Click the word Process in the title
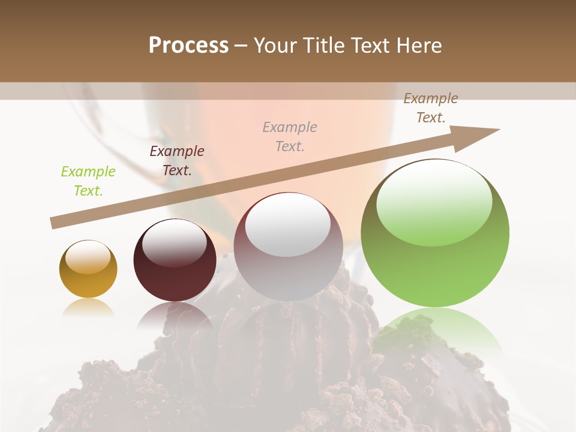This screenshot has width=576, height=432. (x=188, y=46)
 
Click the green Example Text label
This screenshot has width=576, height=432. (x=88, y=181)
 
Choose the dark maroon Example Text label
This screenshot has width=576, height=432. (x=177, y=161)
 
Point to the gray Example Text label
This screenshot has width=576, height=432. (x=290, y=137)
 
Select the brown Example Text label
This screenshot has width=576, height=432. (x=431, y=108)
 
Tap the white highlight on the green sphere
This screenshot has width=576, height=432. (x=434, y=203)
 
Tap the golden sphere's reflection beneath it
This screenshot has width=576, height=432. (x=88, y=307)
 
